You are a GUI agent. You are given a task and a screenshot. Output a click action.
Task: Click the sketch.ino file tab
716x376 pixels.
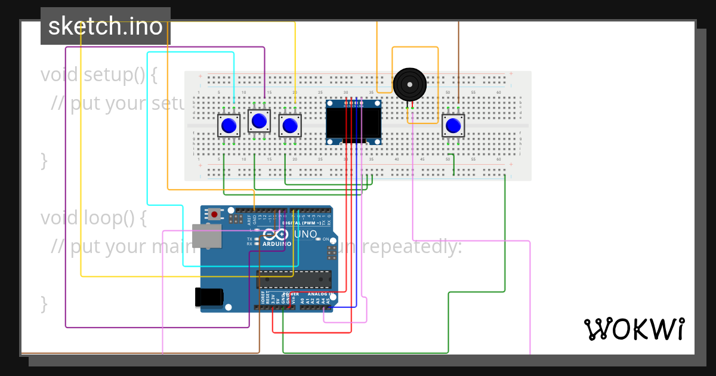pos(106,26)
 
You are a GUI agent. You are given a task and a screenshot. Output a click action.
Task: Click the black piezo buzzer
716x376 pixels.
pos(410,84)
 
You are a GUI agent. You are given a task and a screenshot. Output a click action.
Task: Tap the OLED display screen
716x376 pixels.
pos(354,122)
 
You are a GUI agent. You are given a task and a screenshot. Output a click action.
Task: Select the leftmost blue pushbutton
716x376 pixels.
pos(229,126)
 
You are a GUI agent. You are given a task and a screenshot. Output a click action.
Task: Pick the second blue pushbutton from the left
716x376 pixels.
pos(259,121)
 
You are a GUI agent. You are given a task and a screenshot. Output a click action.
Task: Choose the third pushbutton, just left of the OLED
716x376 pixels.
pos(290,126)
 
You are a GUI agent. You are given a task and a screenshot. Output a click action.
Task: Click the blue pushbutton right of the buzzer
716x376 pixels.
pos(453,126)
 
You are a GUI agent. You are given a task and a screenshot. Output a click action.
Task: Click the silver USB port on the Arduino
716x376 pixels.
pos(206,236)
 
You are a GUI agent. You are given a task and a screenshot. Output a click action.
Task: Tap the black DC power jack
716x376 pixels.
pos(209,297)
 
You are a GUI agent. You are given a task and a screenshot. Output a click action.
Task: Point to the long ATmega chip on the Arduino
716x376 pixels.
pos(294,279)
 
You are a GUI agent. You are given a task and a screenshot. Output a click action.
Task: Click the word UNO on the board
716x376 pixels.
pos(305,235)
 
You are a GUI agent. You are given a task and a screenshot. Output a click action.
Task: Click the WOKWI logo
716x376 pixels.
pos(634,329)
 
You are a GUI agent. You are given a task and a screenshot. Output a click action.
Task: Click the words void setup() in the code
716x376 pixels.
pos(99,75)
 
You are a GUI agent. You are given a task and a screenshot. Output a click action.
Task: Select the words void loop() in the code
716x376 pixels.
pos(94,218)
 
